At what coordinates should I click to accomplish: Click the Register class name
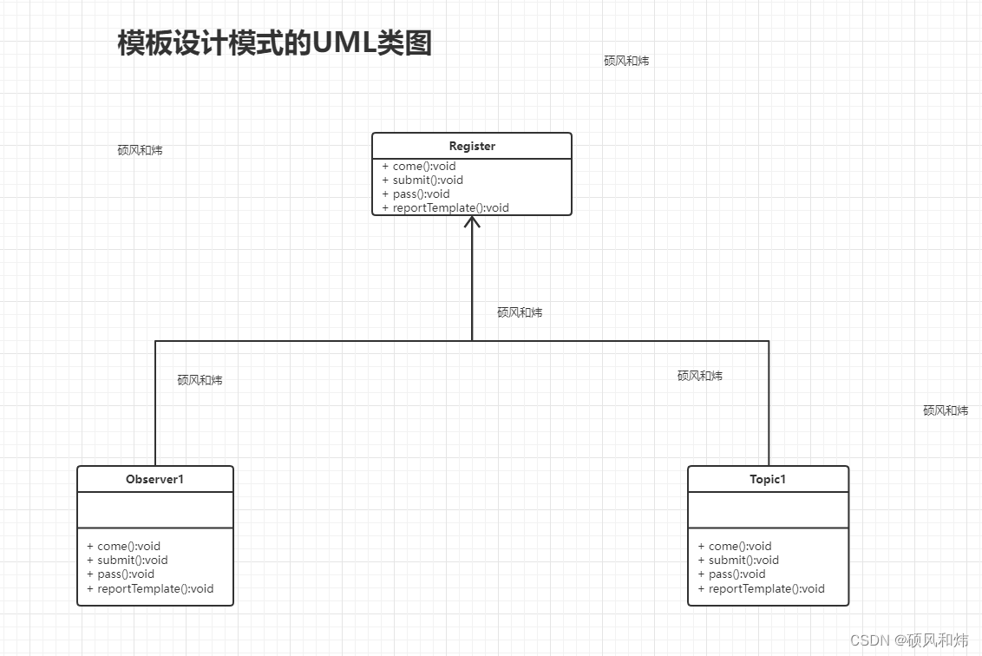coord(472,146)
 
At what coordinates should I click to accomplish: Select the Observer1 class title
coord(154,479)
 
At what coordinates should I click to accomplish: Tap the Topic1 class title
coord(768,479)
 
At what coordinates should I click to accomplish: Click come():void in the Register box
coord(420,166)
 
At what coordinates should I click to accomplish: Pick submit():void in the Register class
coord(423,180)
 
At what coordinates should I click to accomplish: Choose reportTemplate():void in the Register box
coord(446,207)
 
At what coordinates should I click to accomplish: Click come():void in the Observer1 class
coord(124,546)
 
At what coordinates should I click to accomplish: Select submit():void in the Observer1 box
coord(128,560)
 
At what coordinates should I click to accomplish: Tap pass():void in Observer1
coord(121,574)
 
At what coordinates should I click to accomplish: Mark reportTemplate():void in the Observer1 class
coord(151,588)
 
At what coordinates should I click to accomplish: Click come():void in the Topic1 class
coord(736,546)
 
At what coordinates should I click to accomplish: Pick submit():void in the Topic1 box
coord(739,560)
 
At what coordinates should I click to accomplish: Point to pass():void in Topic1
coord(732,574)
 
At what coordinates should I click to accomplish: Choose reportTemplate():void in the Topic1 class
coord(762,588)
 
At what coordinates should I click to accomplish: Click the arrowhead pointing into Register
coord(472,222)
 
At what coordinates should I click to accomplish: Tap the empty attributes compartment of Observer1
coord(155,509)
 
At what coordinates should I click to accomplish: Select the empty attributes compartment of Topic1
coord(768,509)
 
